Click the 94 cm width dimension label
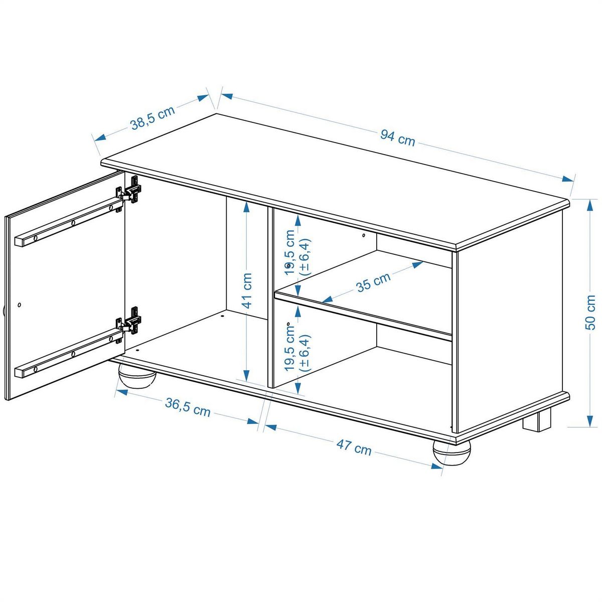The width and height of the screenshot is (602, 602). (397, 137)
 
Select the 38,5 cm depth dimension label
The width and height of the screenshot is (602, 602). (153, 118)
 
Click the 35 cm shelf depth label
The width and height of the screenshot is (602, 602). (373, 282)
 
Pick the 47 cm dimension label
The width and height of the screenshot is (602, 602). (354, 447)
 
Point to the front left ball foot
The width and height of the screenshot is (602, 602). (136, 378)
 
